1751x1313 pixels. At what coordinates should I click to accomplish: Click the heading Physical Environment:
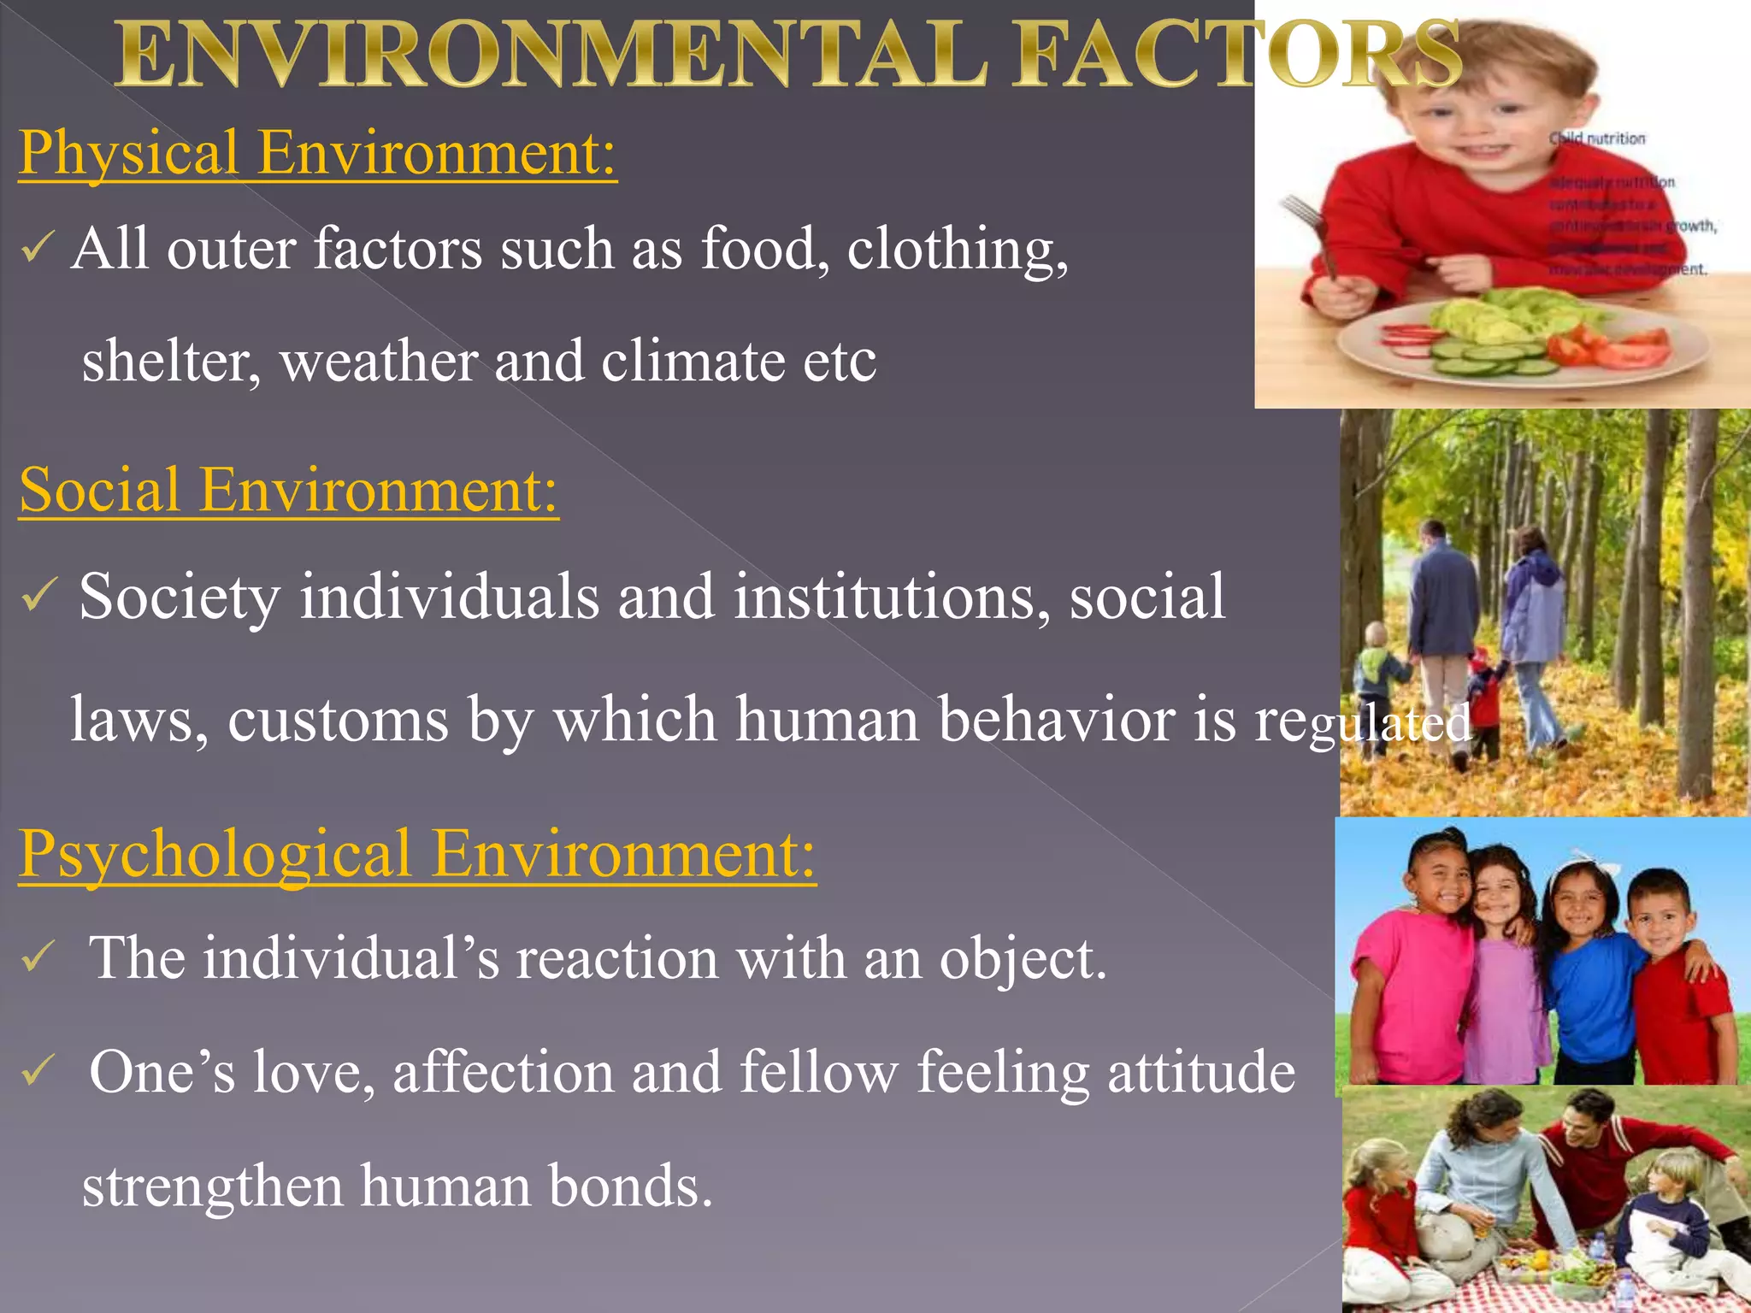point(317,153)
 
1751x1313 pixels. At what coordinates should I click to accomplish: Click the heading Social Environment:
point(288,491)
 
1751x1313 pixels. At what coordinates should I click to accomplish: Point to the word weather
point(379,361)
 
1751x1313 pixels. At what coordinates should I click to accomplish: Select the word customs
point(338,719)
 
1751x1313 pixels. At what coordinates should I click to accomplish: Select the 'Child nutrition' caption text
point(1597,138)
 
